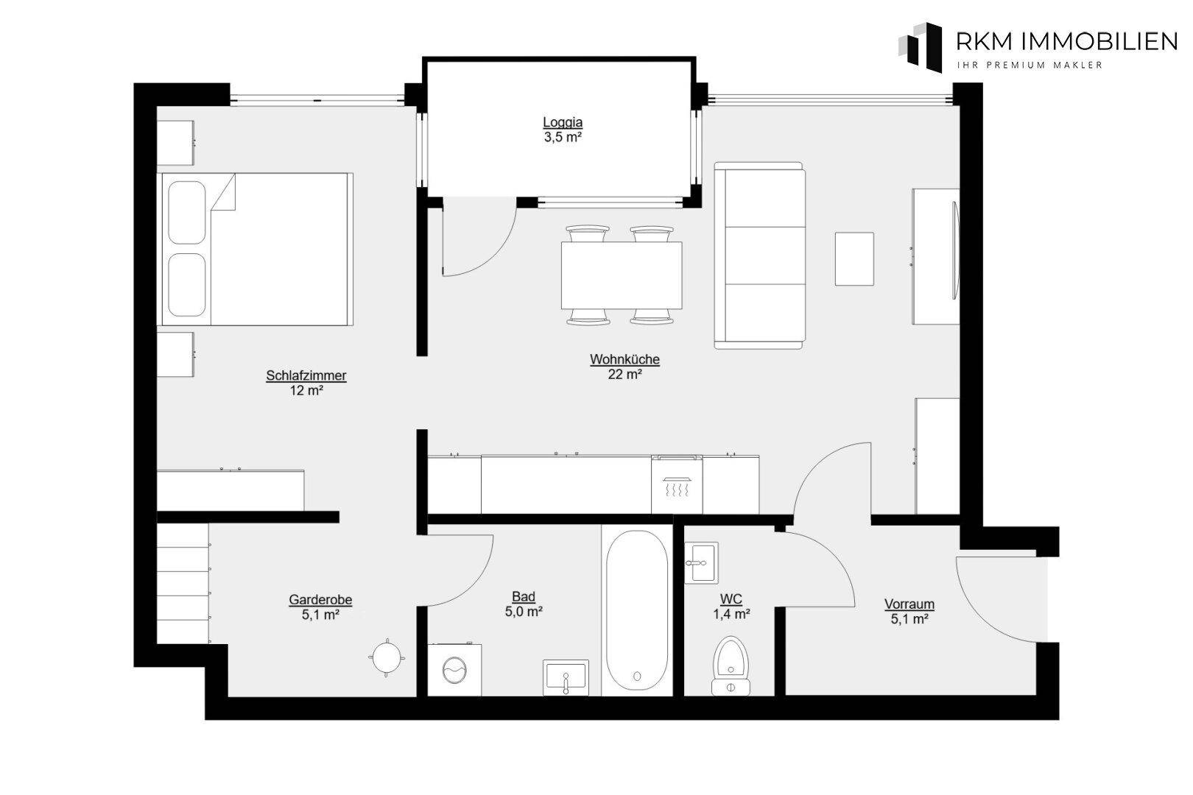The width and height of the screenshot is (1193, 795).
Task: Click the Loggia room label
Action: pyautogui.click(x=563, y=122)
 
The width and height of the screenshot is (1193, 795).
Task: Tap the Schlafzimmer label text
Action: pyautogui.click(x=306, y=375)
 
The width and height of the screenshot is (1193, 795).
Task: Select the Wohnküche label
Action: pyautogui.click(x=624, y=359)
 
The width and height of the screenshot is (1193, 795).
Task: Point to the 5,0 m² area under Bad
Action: pyautogui.click(x=524, y=612)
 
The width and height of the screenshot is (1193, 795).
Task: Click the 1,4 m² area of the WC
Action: pyautogui.click(x=732, y=615)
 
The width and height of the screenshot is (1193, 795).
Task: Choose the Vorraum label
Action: pyautogui.click(x=909, y=604)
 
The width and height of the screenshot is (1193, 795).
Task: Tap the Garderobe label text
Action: pyautogui.click(x=320, y=600)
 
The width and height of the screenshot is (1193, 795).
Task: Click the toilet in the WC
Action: pyautogui.click(x=731, y=665)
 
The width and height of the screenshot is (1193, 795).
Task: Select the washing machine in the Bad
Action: pyautogui.click(x=454, y=670)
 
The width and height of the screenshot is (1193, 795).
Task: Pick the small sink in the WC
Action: pyautogui.click(x=701, y=563)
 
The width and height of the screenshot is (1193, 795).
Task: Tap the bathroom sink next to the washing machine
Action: pyautogui.click(x=566, y=677)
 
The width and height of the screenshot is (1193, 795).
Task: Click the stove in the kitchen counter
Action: pyautogui.click(x=676, y=484)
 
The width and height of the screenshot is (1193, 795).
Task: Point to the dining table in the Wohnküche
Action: pyautogui.click(x=622, y=275)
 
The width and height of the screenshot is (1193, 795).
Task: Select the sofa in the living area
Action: pyautogui.click(x=759, y=255)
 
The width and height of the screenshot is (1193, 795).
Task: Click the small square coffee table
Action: pyautogui.click(x=854, y=259)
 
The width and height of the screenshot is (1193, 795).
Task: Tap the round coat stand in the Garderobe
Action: pyautogui.click(x=387, y=657)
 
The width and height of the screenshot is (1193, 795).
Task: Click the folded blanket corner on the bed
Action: pyautogui.click(x=224, y=192)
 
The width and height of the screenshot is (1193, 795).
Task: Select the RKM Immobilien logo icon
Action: pyautogui.click(x=921, y=47)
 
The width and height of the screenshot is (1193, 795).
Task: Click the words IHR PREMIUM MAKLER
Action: pyautogui.click(x=1030, y=66)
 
